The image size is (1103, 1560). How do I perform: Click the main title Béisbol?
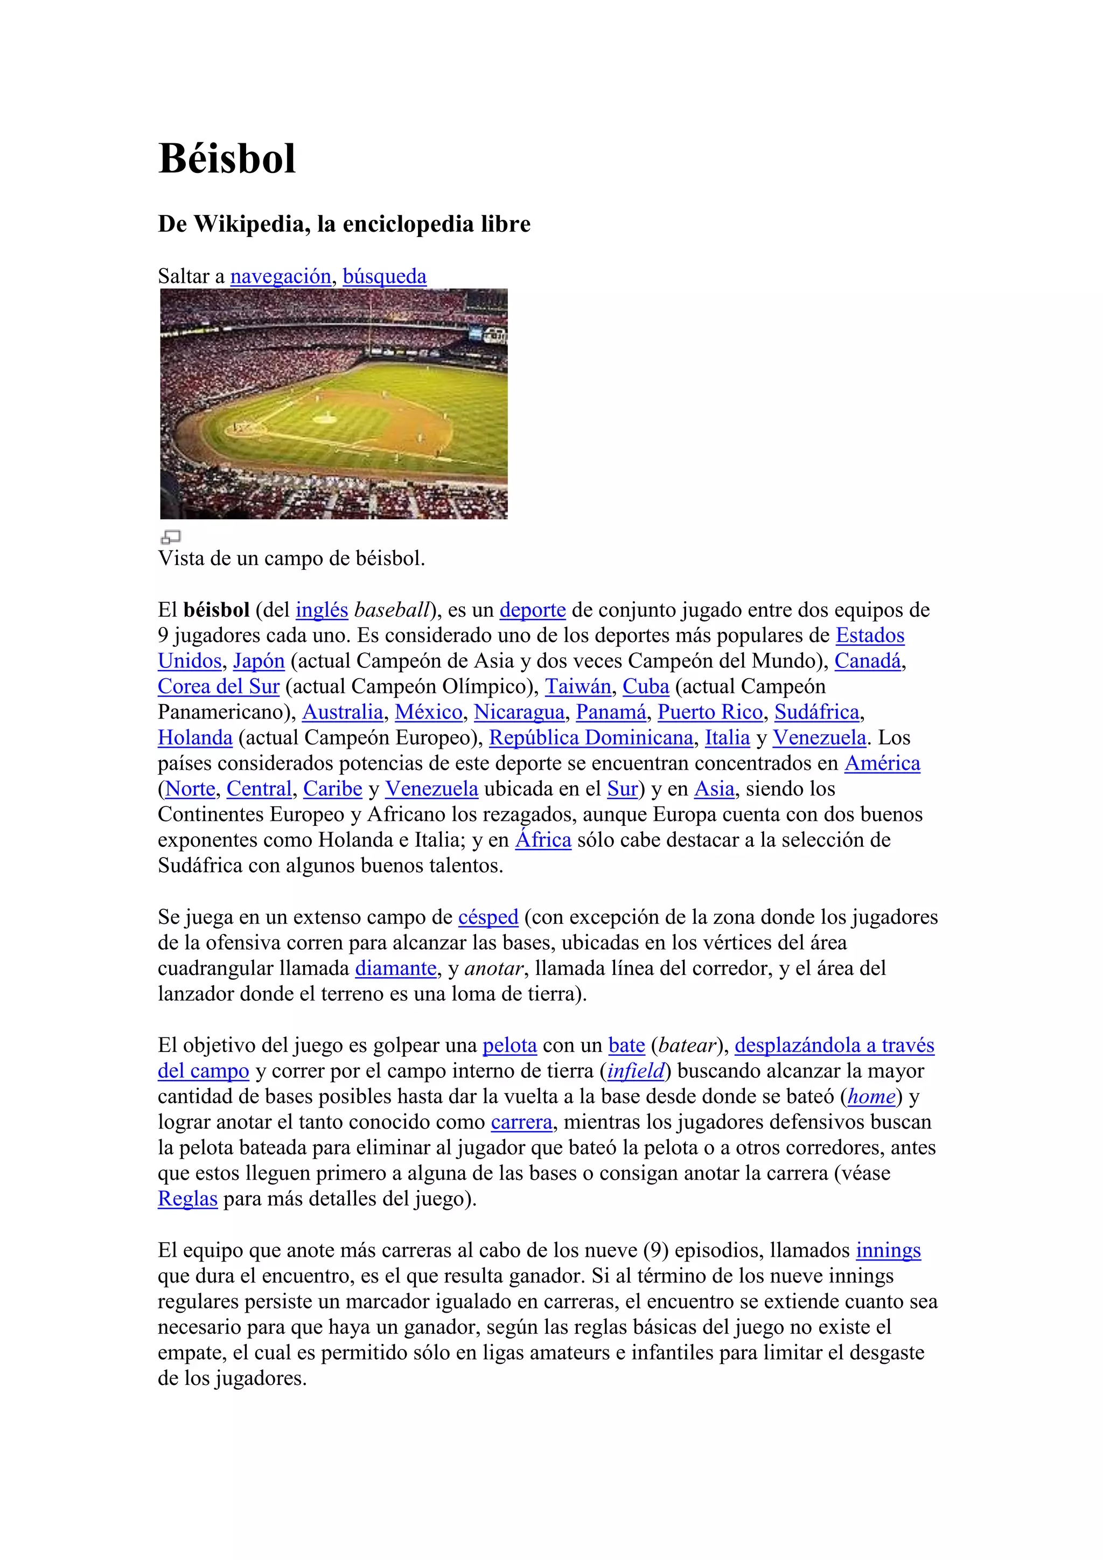click(x=227, y=159)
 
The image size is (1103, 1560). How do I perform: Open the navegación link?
click(x=281, y=276)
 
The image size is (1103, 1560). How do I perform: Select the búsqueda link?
click(x=385, y=276)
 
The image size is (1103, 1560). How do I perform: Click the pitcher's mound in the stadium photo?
click(x=325, y=418)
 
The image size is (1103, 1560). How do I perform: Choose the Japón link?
click(x=259, y=661)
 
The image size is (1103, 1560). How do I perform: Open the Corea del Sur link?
click(x=219, y=687)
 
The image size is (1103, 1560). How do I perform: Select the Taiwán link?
click(x=578, y=687)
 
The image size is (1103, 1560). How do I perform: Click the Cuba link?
click(x=646, y=687)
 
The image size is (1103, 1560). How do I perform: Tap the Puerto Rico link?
click(x=710, y=712)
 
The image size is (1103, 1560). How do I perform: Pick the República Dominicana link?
click(x=591, y=738)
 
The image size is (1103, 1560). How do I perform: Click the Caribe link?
click(x=332, y=789)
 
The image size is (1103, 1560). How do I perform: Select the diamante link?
click(x=395, y=968)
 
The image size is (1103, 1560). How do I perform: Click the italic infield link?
click(x=635, y=1071)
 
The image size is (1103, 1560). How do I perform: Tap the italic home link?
click(x=871, y=1097)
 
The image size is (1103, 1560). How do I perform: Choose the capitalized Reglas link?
click(x=187, y=1199)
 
